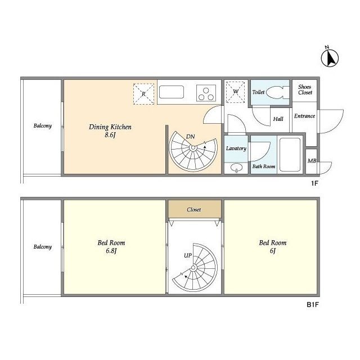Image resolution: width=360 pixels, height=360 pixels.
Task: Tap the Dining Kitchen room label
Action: tap(110, 130)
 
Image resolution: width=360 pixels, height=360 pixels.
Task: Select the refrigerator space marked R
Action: tap(144, 94)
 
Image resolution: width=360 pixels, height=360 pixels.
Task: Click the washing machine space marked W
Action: tap(235, 92)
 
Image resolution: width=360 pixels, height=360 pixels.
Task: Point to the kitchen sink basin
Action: tap(172, 92)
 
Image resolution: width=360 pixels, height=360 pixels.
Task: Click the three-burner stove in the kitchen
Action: tap(206, 93)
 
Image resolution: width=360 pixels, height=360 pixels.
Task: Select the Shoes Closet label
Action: tap(305, 89)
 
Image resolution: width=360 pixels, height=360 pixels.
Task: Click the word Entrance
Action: tap(304, 116)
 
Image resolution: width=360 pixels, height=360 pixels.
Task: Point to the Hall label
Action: tap(278, 119)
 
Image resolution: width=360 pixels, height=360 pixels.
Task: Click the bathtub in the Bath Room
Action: tap(290, 154)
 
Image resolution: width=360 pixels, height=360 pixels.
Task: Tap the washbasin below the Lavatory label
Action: tap(236, 168)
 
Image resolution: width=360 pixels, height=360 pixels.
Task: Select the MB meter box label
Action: tap(312, 161)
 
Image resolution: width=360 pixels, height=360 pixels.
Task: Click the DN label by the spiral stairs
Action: tap(191, 137)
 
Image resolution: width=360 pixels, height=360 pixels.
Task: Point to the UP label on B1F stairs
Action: tap(188, 255)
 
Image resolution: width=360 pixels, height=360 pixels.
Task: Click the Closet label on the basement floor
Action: tap(193, 210)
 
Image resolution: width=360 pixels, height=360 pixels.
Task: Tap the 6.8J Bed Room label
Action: tap(111, 246)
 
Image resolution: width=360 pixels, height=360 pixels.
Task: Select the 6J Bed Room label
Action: tap(273, 246)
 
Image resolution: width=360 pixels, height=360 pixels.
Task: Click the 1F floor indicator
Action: tap(314, 183)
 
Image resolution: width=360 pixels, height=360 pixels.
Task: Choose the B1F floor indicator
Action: tap(313, 305)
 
